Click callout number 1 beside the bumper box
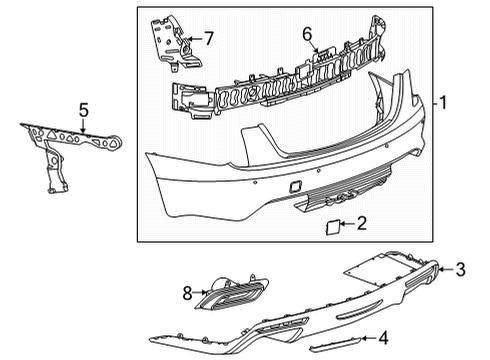click(x=442, y=103)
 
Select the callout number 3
click(x=461, y=267)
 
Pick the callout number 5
click(x=85, y=111)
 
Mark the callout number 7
click(x=209, y=39)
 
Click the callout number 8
click(x=186, y=293)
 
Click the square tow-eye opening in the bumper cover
click(x=297, y=188)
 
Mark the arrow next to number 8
click(x=200, y=293)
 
